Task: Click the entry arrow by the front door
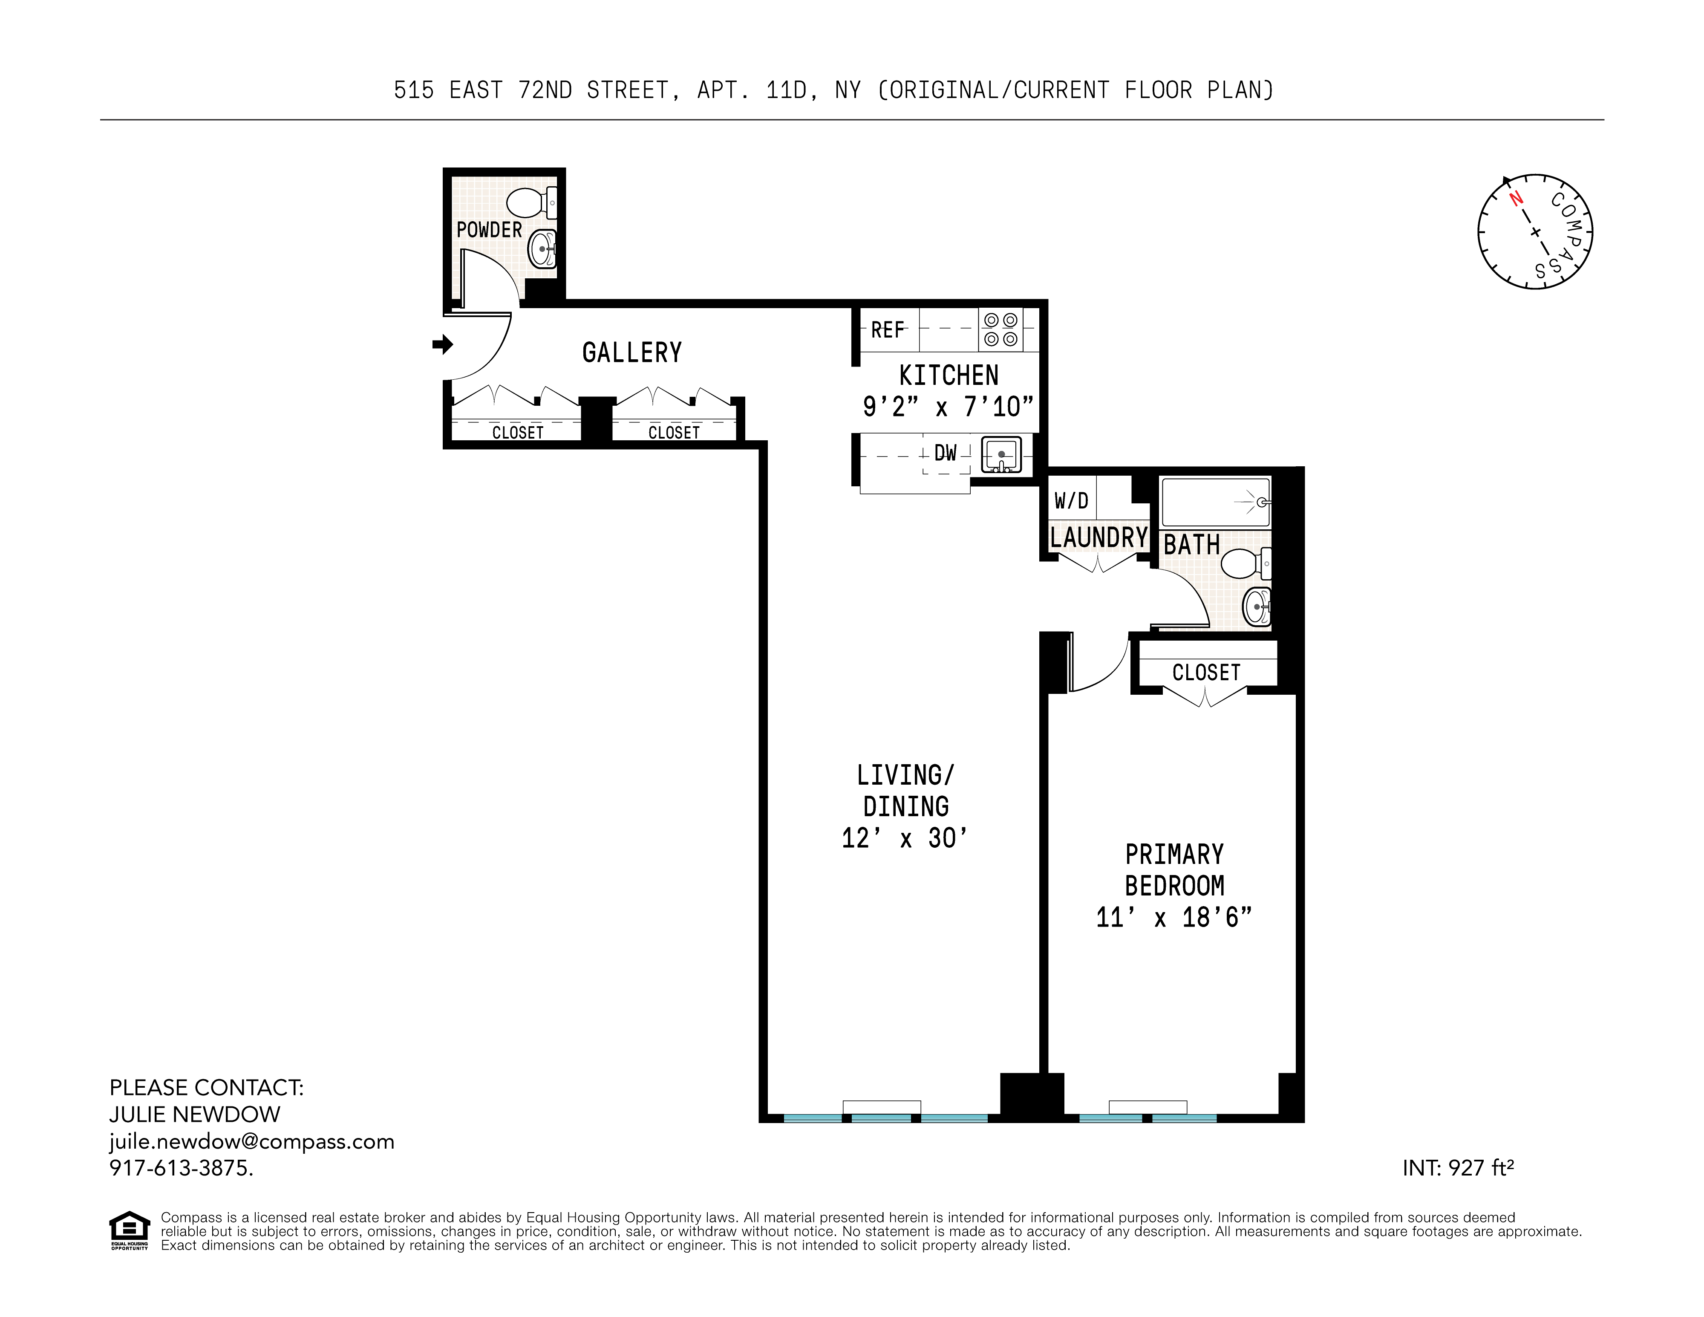coord(442,344)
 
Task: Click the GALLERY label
coord(632,352)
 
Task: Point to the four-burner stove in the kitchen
coord(1000,329)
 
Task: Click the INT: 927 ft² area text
coord(1457,1168)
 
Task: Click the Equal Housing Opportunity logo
coord(129,1230)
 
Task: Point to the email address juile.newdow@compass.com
coord(251,1141)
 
